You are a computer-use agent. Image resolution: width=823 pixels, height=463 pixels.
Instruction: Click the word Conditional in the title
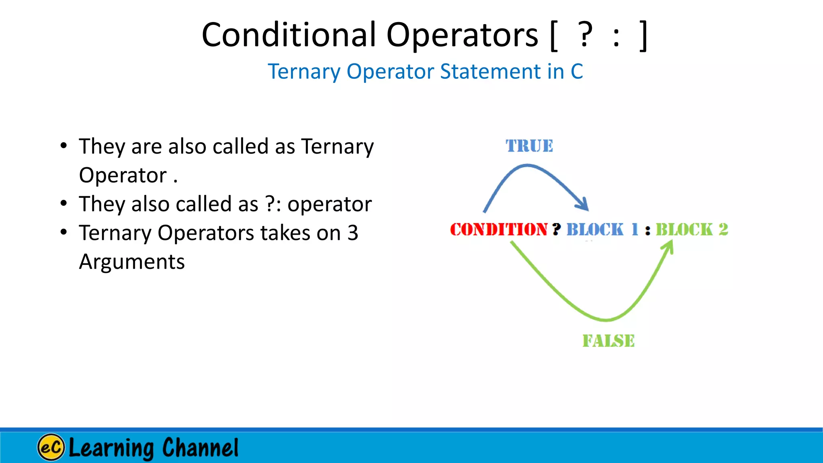289,35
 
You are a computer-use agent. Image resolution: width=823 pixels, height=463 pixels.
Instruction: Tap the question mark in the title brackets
585,35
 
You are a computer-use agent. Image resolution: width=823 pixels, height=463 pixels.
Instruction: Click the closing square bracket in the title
643,36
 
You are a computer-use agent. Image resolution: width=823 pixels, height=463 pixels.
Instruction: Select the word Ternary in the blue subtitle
304,72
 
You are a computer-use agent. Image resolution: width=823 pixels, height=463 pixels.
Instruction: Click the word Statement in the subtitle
490,72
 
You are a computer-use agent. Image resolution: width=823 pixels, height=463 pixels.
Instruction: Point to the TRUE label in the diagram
529,146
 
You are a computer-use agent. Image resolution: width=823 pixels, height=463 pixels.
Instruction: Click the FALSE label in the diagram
608,341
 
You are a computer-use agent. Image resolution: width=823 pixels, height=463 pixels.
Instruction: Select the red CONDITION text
498,229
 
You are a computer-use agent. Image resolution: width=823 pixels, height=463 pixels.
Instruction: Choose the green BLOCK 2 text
692,229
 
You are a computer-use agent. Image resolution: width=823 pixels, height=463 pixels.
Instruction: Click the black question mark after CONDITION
557,229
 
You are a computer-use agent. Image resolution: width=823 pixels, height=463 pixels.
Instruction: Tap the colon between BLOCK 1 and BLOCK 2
647,231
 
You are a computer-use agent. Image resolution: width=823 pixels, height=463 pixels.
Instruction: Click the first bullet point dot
63,146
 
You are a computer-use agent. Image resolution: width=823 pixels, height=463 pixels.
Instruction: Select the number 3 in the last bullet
352,233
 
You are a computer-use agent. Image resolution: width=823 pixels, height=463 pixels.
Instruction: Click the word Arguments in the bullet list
132,262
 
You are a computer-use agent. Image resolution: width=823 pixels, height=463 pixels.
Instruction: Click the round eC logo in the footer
51,447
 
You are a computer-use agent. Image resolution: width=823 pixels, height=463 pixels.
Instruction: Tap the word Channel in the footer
200,447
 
